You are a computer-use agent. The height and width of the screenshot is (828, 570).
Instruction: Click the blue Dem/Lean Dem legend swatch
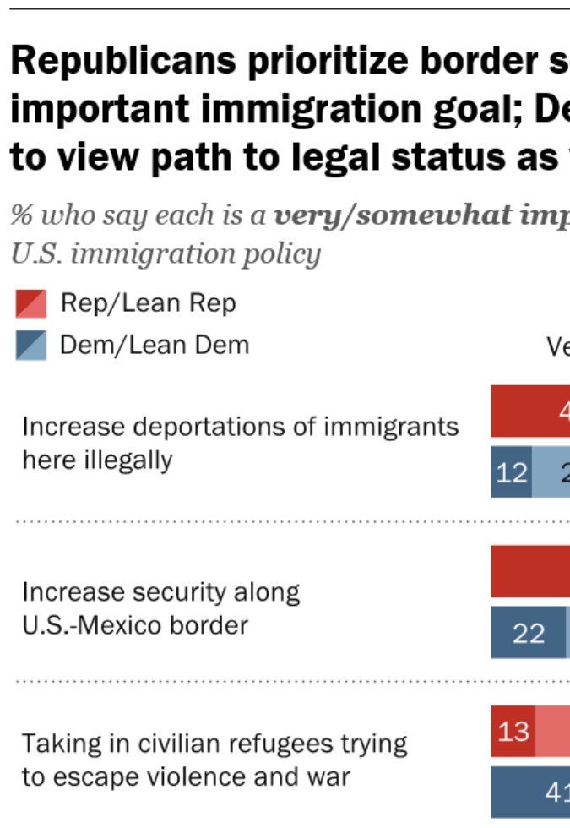[30, 345]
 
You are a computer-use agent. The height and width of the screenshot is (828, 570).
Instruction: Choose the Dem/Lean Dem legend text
[154, 345]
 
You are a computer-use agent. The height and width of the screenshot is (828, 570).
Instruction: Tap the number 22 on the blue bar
[529, 633]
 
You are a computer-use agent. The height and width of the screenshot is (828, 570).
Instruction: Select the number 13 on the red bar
[513, 731]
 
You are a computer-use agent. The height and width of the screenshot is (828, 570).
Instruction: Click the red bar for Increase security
[530, 571]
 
